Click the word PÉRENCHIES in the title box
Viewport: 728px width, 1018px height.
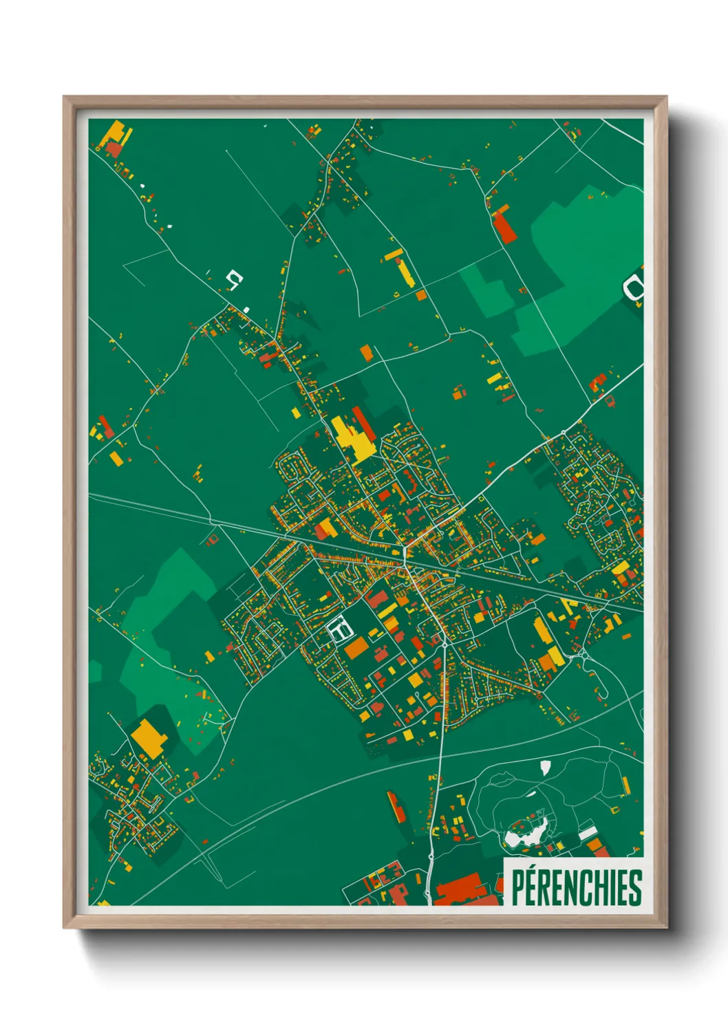pyautogui.click(x=577, y=887)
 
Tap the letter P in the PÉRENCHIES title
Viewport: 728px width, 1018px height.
pyautogui.click(x=518, y=887)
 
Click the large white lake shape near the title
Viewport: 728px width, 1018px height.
pyautogui.click(x=523, y=834)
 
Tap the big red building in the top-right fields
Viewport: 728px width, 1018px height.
pyautogui.click(x=505, y=226)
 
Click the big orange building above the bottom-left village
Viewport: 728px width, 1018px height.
pyautogui.click(x=149, y=737)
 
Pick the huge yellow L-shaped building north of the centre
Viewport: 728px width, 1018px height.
pyautogui.click(x=352, y=439)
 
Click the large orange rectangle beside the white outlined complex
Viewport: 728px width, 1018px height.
pyautogui.click(x=357, y=647)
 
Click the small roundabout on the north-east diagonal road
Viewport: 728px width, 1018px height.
pyautogui.click(x=564, y=431)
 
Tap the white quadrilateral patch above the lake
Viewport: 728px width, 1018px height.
pyautogui.click(x=546, y=768)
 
